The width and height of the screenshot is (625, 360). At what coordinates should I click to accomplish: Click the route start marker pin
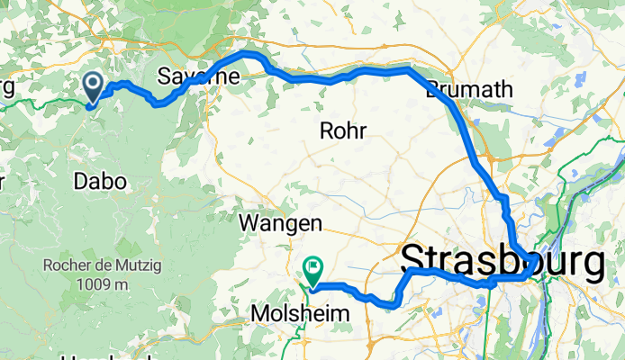coord(93,87)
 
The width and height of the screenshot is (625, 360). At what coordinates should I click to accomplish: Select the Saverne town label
coord(198,76)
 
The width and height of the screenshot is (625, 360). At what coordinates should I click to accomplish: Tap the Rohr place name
coord(343,131)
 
